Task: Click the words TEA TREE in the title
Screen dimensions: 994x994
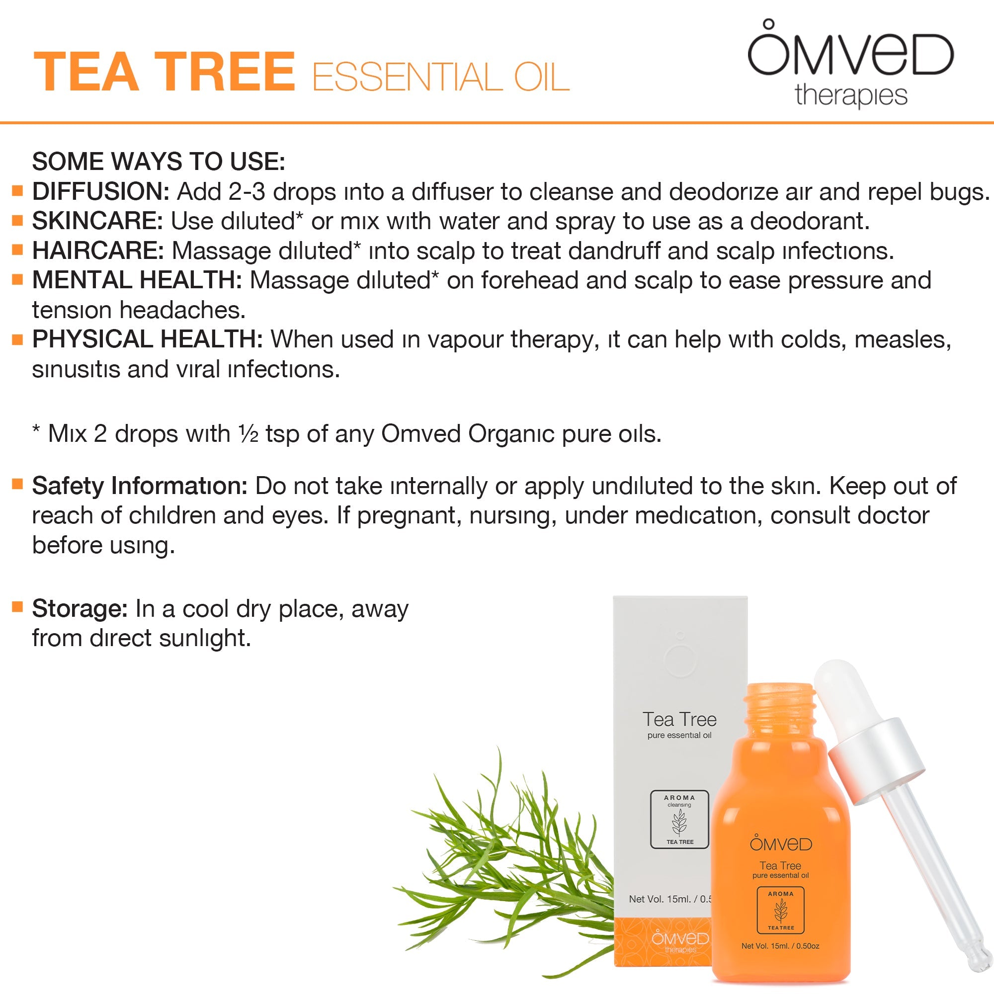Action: [x=164, y=72]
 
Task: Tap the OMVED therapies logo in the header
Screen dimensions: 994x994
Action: [x=850, y=64]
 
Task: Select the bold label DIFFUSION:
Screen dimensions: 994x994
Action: [x=101, y=191]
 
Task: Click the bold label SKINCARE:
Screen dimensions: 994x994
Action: [x=98, y=221]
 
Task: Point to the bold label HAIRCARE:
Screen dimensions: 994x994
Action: [x=98, y=250]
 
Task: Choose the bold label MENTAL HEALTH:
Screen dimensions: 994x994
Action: [x=137, y=280]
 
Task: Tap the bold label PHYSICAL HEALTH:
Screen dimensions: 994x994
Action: [x=148, y=339]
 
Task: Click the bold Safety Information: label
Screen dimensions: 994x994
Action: [x=140, y=486]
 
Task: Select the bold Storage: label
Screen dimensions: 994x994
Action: [x=80, y=609]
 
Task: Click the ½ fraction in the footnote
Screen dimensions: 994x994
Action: [x=248, y=434]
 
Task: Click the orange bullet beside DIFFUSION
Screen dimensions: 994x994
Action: [x=17, y=191]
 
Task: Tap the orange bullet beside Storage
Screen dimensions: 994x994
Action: [x=17, y=607]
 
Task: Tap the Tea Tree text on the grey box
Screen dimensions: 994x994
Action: [x=679, y=719]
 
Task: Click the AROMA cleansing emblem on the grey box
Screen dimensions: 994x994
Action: [x=679, y=820]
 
